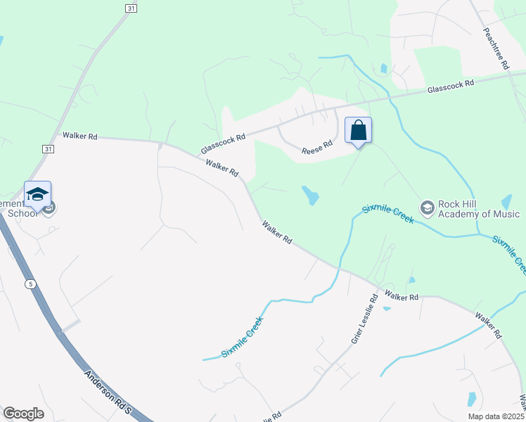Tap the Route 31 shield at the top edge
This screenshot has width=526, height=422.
click(131, 8)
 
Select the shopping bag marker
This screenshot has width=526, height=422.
click(358, 131)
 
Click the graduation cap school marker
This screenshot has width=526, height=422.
click(37, 195)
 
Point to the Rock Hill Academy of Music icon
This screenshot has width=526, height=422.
click(427, 207)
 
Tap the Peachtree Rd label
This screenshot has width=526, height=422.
click(496, 49)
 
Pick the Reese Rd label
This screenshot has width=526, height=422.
click(316, 148)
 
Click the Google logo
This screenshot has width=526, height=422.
click(23, 414)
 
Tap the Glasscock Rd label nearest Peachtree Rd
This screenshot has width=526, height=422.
click(451, 87)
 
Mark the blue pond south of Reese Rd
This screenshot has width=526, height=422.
click(309, 196)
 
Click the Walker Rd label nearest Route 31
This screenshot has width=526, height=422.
click(79, 136)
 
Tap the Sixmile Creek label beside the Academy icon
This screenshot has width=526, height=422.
click(388, 213)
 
